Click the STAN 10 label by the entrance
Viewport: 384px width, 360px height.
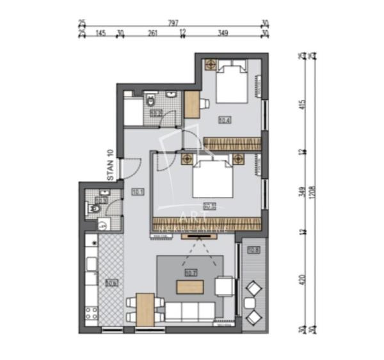110,166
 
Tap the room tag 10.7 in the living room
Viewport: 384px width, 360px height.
189,273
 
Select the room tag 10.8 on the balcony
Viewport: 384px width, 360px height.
253,249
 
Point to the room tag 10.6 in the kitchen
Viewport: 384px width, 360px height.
111,282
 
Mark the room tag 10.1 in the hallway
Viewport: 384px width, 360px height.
137,191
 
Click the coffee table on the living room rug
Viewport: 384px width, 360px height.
190,287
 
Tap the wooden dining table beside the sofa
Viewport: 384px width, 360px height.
145,308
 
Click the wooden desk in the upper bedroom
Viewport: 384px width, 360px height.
191,104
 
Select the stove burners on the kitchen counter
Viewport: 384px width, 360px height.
91,314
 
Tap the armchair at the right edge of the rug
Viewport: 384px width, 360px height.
225,285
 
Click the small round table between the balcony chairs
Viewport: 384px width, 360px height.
253,302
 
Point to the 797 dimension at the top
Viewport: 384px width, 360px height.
172,22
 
